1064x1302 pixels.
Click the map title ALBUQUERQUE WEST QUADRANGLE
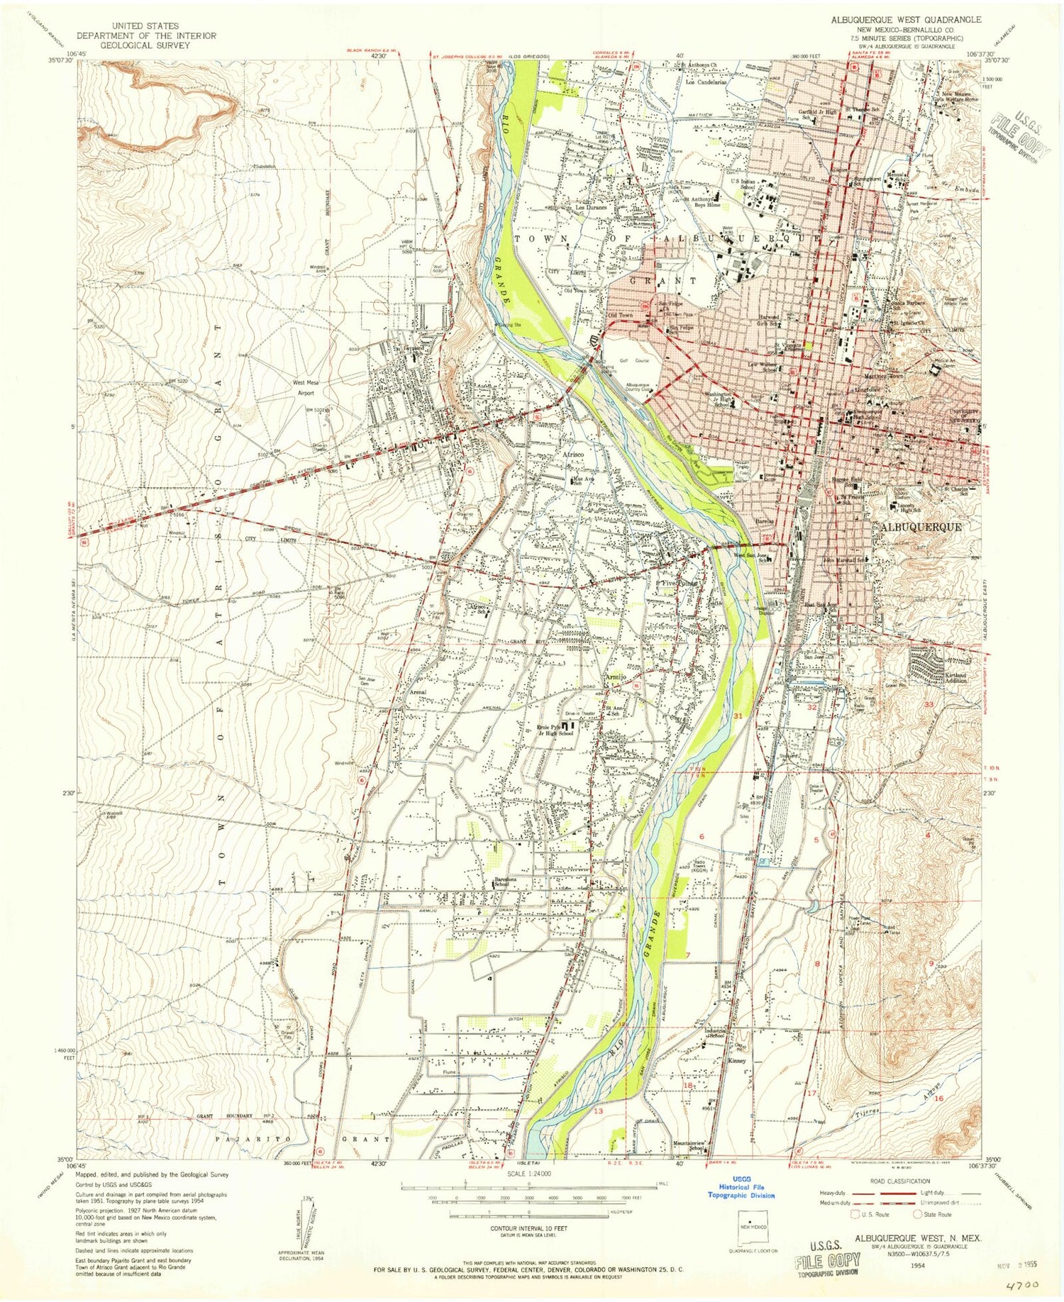[906, 20]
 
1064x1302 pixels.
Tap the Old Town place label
[620, 316]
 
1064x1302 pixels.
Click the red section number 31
[738, 716]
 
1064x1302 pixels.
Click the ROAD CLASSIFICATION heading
[899, 1181]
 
